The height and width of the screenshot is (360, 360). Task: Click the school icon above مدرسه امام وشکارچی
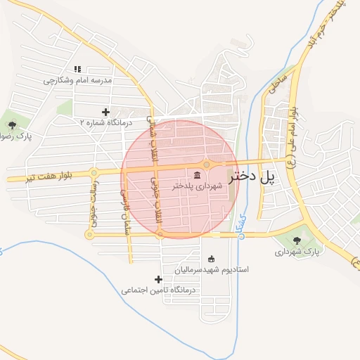tap(78, 69)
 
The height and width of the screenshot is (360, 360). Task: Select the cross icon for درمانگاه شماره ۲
tap(105, 111)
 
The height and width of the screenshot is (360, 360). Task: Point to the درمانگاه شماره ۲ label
tap(105, 122)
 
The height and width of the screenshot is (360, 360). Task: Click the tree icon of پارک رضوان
tap(12, 124)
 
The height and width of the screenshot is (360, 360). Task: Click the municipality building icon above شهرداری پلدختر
tap(196, 174)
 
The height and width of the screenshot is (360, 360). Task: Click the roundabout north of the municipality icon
tap(207, 165)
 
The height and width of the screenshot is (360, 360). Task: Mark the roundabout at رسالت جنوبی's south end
tap(89, 234)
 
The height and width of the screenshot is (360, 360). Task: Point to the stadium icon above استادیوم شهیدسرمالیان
tap(212, 258)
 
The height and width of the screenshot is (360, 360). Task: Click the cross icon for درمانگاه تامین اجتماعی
tap(159, 279)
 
